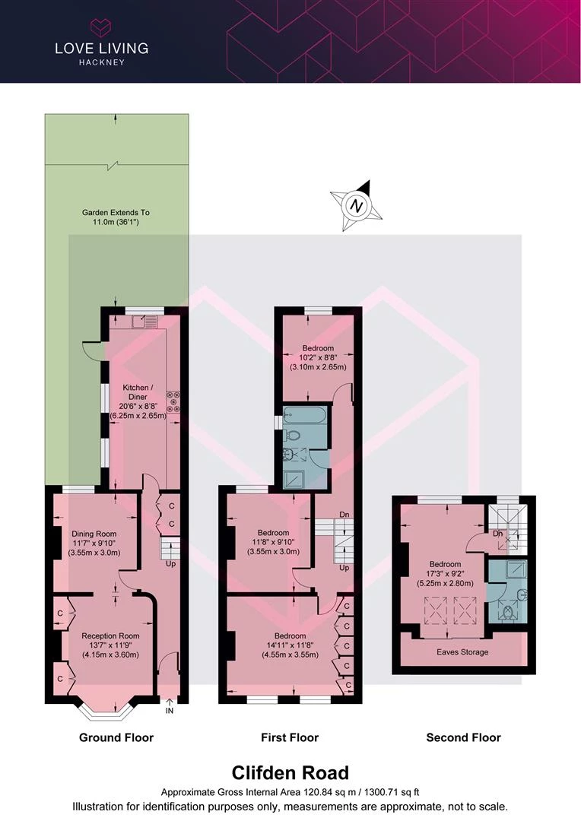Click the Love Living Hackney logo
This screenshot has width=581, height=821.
click(x=102, y=43)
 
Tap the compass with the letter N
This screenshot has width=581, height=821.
click(x=357, y=205)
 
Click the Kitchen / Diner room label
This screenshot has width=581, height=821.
click(x=138, y=401)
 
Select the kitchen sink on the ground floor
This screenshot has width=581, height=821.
click(x=144, y=322)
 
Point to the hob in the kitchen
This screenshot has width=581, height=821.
click(x=173, y=401)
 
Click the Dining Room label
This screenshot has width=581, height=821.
click(x=94, y=543)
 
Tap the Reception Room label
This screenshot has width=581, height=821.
click(x=110, y=645)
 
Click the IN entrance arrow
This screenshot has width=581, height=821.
click(x=170, y=706)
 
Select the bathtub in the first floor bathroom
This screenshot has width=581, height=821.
click(x=305, y=417)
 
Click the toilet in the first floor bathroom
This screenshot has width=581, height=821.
click(x=291, y=435)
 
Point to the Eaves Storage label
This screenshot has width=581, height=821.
click(x=462, y=652)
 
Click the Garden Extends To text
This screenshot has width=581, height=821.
click(x=116, y=217)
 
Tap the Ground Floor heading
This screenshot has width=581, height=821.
click(x=116, y=737)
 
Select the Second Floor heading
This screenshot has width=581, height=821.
click(x=464, y=737)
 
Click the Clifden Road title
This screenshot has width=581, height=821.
click(x=290, y=773)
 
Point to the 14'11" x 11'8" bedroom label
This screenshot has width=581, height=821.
click(x=290, y=645)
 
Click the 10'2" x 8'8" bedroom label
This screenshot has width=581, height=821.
click(x=318, y=357)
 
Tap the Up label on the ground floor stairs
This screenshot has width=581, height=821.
click(x=171, y=564)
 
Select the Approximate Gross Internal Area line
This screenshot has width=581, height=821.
click(x=290, y=792)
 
